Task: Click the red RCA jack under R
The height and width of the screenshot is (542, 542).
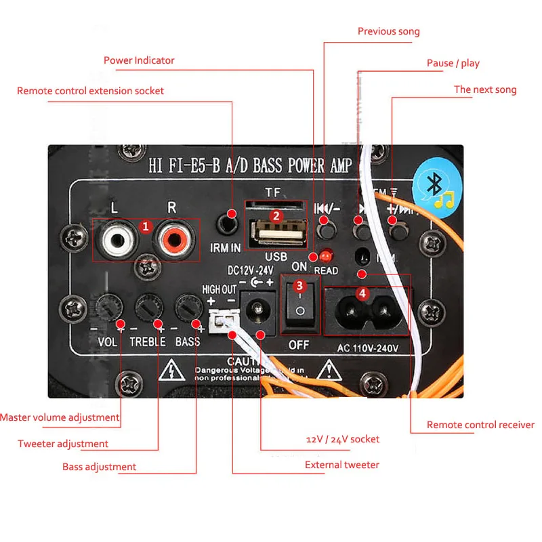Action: coord(173,239)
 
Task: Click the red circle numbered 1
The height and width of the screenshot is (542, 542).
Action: coord(145,226)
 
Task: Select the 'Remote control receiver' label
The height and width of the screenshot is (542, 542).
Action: coord(480,425)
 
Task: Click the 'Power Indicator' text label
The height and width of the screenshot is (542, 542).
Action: coord(139,60)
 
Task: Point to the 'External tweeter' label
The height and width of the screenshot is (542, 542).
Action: coord(342,465)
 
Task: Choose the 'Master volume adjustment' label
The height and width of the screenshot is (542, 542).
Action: coord(60,417)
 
